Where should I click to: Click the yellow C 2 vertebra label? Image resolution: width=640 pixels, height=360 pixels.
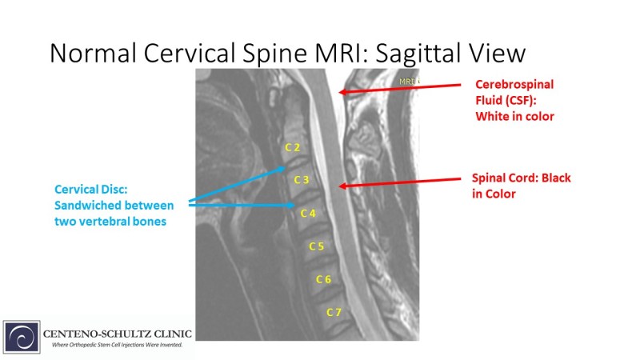[292, 147]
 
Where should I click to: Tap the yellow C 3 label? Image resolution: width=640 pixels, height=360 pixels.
[302, 180]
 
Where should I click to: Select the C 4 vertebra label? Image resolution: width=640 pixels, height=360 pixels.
[308, 213]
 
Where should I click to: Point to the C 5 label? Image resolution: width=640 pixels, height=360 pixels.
[316, 246]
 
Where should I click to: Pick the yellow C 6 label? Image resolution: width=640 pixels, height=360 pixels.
[323, 279]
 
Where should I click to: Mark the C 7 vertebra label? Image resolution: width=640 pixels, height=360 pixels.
[334, 312]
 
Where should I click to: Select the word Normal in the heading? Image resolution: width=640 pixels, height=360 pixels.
[93, 53]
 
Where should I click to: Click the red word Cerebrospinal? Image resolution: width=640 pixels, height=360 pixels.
[514, 85]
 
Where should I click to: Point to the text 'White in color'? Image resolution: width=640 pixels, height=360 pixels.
[514, 116]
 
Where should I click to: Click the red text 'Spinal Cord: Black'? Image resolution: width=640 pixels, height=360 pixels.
[522, 178]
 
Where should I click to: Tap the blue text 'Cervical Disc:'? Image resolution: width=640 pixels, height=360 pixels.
[91, 190]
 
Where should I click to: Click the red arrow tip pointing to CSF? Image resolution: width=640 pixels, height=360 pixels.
[339, 92]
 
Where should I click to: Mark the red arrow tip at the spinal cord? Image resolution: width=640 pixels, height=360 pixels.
[339, 186]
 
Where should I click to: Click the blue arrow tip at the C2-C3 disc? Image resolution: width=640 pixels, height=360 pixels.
[285, 167]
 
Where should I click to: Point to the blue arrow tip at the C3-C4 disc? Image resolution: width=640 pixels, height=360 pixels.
[294, 205]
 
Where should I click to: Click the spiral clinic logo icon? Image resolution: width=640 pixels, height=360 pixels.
[22, 337]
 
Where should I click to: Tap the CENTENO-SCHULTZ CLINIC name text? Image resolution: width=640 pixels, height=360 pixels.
[117, 334]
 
